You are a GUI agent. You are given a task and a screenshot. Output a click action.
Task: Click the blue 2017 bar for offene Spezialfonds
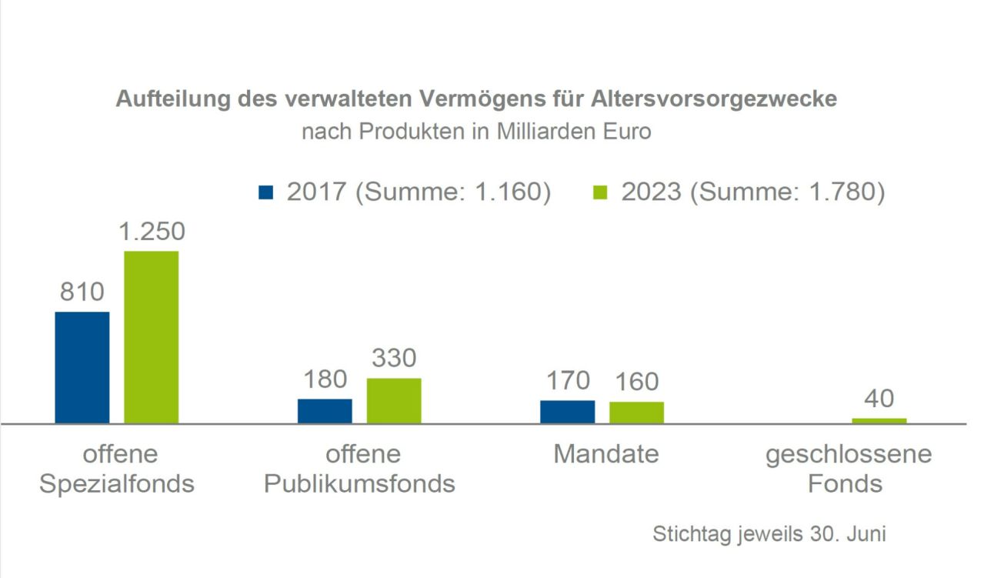[x=82, y=367]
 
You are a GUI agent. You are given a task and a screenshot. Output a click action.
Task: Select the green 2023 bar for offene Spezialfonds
[x=152, y=337]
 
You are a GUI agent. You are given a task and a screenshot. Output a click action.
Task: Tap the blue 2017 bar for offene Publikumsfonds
[x=325, y=411]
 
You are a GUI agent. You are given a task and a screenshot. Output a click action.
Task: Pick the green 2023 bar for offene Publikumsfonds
[x=394, y=400]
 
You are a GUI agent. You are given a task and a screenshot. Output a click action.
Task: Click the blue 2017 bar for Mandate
[x=567, y=412]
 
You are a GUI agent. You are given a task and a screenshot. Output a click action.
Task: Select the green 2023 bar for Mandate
[x=636, y=413]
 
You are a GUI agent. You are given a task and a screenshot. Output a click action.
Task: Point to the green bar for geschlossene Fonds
[x=879, y=421]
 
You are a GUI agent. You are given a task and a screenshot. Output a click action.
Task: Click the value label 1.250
[x=152, y=232]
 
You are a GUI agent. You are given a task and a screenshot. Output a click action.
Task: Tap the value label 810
[x=82, y=292]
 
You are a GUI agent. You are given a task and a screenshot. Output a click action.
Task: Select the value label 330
[x=394, y=359]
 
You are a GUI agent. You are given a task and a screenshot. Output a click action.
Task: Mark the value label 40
[x=879, y=399]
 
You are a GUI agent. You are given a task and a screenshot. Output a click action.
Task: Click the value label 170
[x=568, y=380]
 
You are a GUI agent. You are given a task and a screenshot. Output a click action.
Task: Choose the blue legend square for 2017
[x=266, y=192]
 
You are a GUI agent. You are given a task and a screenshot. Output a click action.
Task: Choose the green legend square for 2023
[x=601, y=192]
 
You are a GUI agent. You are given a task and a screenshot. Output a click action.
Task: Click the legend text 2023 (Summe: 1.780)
[x=753, y=192]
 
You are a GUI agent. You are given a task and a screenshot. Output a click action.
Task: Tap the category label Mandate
[x=605, y=454]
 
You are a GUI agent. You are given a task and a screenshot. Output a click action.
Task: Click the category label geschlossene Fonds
[x=848, y=469]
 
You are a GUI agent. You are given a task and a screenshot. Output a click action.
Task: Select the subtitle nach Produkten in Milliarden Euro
[x=476, y=132]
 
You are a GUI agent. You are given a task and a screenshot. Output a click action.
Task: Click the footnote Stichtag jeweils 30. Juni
[x=769, y=533]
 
